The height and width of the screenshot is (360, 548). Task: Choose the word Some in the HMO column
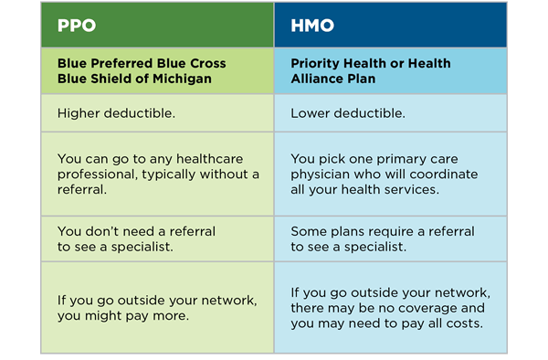pos(308,232)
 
